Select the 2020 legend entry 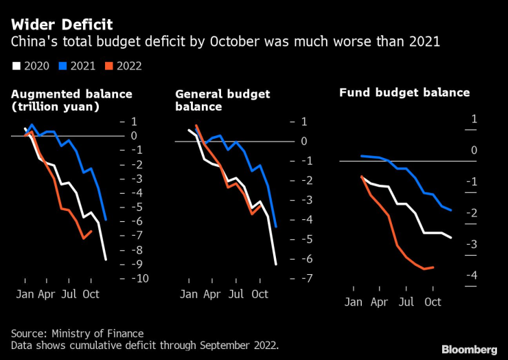[30, 66]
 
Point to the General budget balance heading [222, 100]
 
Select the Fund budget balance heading [404, 92]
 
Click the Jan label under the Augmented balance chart [25, 294]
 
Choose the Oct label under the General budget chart [259, 294]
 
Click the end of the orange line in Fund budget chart [433, 267]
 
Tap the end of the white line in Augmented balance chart [106, 259]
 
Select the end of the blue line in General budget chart [275, 226]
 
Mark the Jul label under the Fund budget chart [406, 302]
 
